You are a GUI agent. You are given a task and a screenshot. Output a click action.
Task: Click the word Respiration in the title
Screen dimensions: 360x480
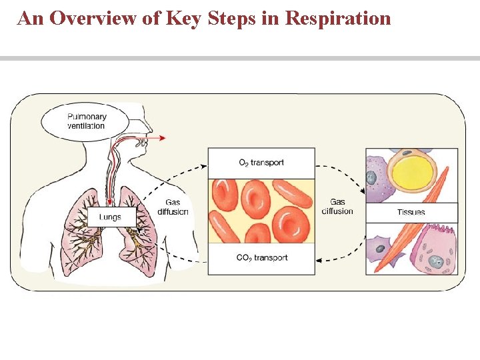tap(337, 18)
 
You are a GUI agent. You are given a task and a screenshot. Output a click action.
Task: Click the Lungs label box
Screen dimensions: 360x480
tap(111, 217)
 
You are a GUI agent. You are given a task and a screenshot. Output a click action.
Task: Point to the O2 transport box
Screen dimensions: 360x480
tap(261, 163)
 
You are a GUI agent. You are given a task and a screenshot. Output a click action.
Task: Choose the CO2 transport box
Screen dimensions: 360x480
tap(261, 258)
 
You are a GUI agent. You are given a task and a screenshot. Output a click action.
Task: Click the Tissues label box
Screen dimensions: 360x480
tap(411, 212)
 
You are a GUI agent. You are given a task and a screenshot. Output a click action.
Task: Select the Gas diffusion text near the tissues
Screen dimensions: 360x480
tap(337, 207)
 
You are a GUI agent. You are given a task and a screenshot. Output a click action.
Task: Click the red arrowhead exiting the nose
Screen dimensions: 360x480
tap(163, 138)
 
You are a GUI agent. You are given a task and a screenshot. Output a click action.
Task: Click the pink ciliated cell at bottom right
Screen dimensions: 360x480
tap(433, 250)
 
